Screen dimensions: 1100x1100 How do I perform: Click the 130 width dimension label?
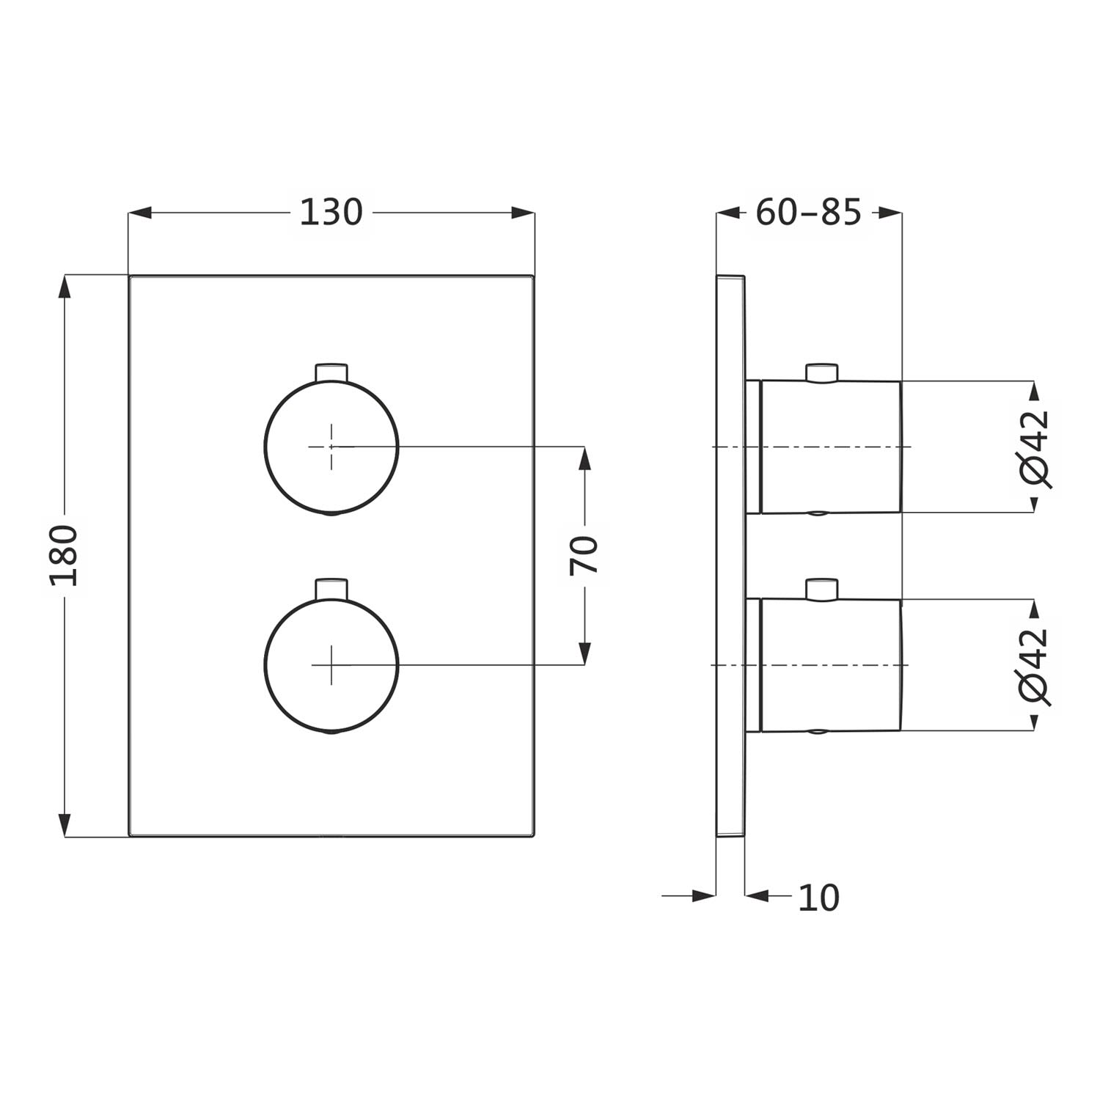point(331,213)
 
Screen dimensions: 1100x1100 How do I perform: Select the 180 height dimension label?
point(65,555)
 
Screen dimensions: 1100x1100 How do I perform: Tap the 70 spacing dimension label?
point(584,555)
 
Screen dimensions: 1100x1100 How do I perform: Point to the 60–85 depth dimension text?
point(808,213)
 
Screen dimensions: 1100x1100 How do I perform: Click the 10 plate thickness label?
point(818,898)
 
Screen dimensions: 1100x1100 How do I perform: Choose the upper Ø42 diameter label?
point(1035,448)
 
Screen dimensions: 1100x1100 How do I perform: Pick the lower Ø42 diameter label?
point(1035,666)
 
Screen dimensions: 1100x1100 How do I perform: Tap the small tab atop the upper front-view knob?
point(331,372)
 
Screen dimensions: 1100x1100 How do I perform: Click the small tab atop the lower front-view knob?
point(331,589)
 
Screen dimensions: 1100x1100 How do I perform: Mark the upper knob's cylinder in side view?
point(830,447)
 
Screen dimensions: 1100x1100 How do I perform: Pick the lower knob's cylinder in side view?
point(830,665)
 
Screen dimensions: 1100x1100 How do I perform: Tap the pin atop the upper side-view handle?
point(821,373)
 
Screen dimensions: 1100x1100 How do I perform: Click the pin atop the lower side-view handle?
point(821,589)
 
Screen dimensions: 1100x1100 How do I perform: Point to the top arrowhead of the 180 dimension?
point(65,287)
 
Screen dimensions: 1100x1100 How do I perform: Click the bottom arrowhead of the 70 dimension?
point(584,653)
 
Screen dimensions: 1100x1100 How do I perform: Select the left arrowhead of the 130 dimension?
point(140,213)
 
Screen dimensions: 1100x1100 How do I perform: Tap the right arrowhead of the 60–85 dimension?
point(890,213)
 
